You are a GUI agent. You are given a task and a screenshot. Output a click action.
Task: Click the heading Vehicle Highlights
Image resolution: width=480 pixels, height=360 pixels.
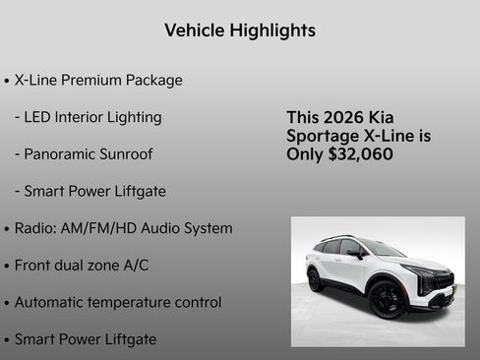[240, 30]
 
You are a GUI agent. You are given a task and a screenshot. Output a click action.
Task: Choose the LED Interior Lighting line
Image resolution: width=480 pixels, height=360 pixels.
[88, 117]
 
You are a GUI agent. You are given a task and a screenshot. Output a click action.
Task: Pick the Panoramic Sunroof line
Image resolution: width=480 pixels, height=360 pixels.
[84, 154]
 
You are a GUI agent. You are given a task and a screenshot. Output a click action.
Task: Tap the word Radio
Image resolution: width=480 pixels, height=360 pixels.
[36, 228]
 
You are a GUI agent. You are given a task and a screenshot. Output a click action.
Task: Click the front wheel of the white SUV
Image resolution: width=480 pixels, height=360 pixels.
[387, 299]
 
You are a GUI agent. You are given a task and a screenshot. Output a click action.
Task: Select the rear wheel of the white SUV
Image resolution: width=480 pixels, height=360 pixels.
[316, 279]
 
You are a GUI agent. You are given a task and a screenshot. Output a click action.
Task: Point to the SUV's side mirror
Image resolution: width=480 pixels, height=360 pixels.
[355, 254]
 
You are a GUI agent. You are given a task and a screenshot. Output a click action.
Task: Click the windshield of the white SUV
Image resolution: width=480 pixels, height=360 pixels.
[379, 249]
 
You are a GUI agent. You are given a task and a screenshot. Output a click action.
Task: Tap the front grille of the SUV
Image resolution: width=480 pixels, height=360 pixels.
[443, 281]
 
